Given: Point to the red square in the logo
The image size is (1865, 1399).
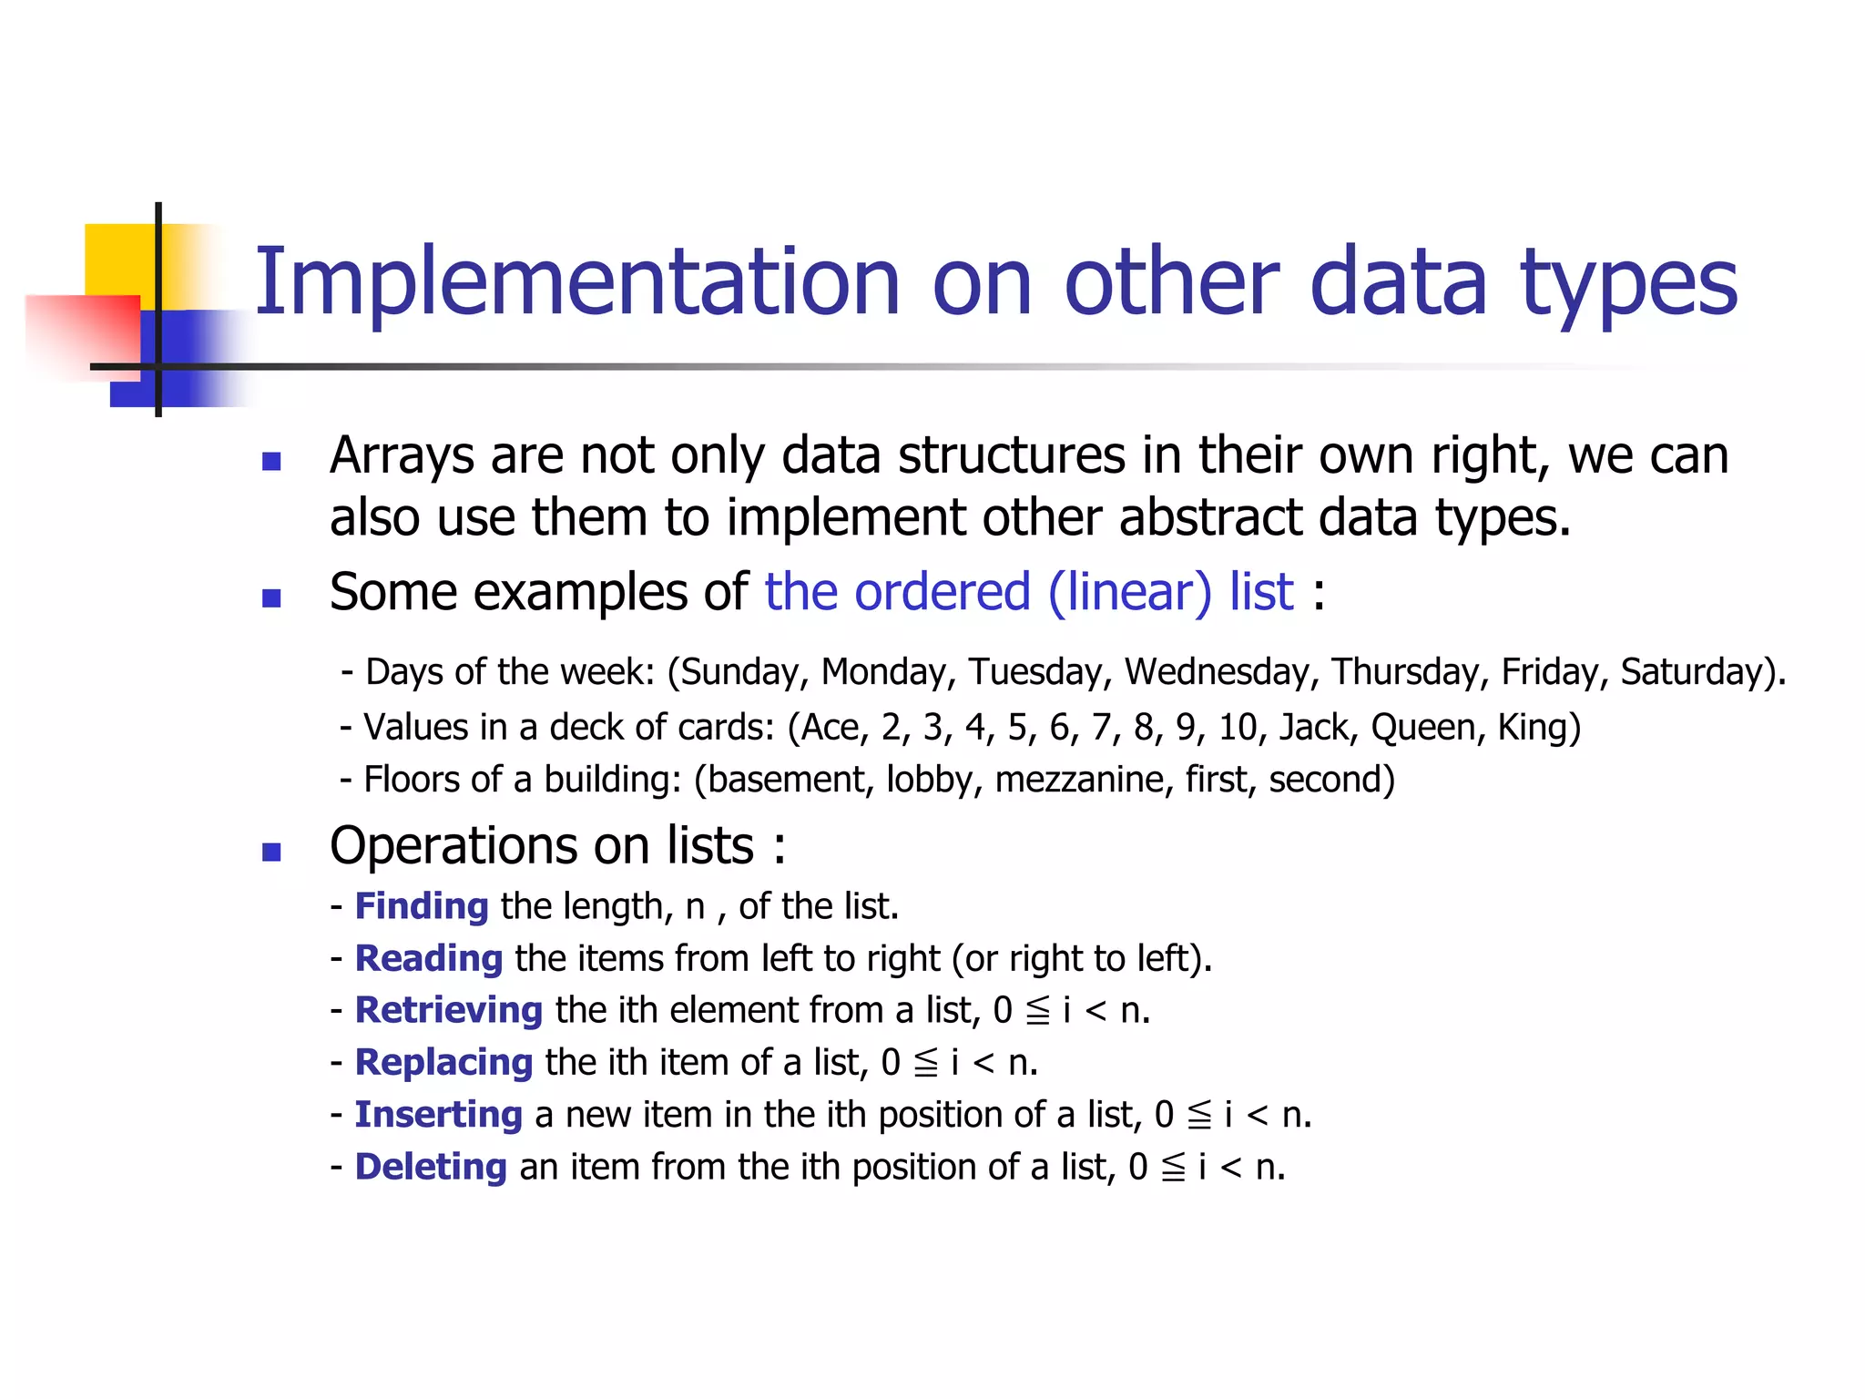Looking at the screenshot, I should [x=82, y=332].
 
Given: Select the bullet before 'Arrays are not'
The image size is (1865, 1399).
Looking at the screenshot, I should [x=270, y=462].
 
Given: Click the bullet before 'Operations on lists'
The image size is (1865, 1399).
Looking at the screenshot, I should [x=270, y=853].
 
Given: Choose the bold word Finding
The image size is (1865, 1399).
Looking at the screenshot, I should [x=422, y=906].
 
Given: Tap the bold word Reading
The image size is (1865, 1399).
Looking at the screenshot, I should [x=428, y=959].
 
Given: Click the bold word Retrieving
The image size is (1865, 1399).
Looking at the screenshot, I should [x=448, y=1010].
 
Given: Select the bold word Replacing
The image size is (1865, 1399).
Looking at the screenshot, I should [x=443, y=1063].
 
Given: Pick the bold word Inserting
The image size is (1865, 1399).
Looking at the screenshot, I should [x=438, y=1115].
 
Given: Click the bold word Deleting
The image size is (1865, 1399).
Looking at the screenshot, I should [x=430, y=1167].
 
